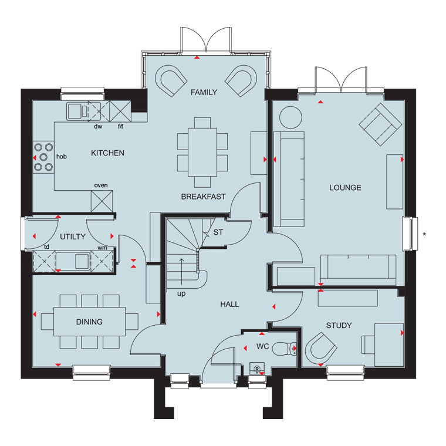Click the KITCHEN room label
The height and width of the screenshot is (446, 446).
pyautogui.click(x=107, y=153)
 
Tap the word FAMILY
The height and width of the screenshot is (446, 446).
pyautogui.click(x=204, y=93)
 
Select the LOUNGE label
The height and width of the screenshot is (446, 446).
pyautogui.click(x=345, y=188)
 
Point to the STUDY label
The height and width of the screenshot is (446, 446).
pyautogui.click(x=339, y=325)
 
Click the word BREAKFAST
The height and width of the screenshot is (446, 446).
pyautogui.click(x=204, y=197)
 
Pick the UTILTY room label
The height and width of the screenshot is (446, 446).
pyautogui.click(x=73, y=236)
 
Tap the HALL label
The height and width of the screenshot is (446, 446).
pyautogui.click(x=229, y=305)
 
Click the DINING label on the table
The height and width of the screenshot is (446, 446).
pyautogui.click(x=89, y=322)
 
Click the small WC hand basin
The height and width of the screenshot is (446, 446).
pyautogui.click(x=257, y=369)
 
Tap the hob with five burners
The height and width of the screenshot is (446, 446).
pyautogui.click(x=43, y=157)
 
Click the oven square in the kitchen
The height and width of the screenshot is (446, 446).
pyautogui.click(x=102, y=201)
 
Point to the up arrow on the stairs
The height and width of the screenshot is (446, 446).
pyautogui.click(x=181, y=272)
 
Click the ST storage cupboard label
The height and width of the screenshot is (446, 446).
pyautogui.click(x=218, y=232)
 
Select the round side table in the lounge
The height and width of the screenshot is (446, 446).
pyautogui.click(x=290, y=117)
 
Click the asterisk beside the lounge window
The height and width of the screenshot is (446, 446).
pyautogui.click(x=424, y=234)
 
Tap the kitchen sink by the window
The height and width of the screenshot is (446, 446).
pyautogui.click(x=77, y=111)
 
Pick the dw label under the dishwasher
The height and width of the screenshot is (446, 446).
pyautogui.click(x=98, y=126)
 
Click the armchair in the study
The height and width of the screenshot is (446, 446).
pyautogui.click(x=321, y=349)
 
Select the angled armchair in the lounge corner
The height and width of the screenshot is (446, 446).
pyautogui.click(x=380, y=124)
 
